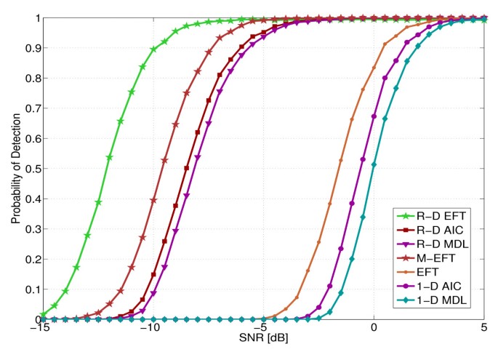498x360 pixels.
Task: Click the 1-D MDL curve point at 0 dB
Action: click(374, 165)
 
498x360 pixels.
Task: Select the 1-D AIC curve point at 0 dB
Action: click(374, 116)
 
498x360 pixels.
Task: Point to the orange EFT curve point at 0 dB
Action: click(374, 68)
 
